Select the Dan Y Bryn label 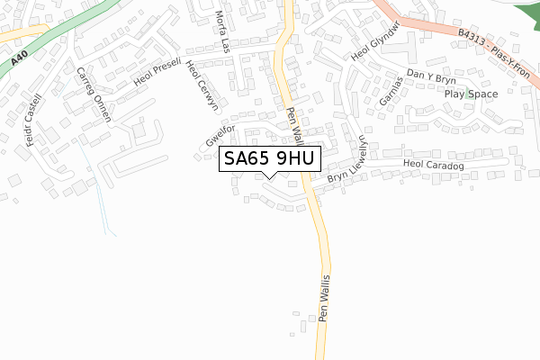point(432,78)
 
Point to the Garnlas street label point(390,93)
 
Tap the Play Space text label point(470,94)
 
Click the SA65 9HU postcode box point(269,158)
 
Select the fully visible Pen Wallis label point(325,298)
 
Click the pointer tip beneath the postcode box point(269,176)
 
